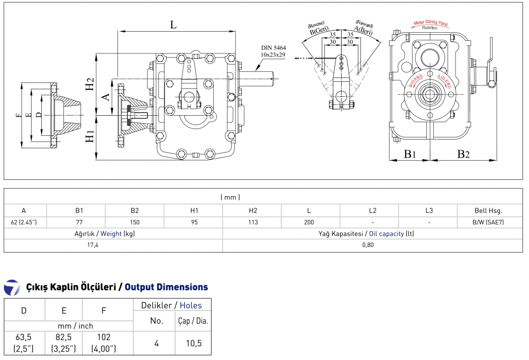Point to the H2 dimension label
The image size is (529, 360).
(90, 84)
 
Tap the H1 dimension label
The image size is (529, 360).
(90, 136)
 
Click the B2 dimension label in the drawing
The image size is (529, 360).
(463, 154)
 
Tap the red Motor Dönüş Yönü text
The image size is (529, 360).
(431, 23)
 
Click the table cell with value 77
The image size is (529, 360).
(79, 223)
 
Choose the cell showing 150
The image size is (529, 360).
(134, 223)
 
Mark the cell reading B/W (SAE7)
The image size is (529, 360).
(488, 223)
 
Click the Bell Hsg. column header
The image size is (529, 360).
(488, 210)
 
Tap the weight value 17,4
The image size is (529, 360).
(93, 245)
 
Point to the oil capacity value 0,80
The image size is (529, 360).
(368, 245)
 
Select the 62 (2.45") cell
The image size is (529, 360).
(24, 223)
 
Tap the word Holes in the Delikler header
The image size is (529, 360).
(190, 305)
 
